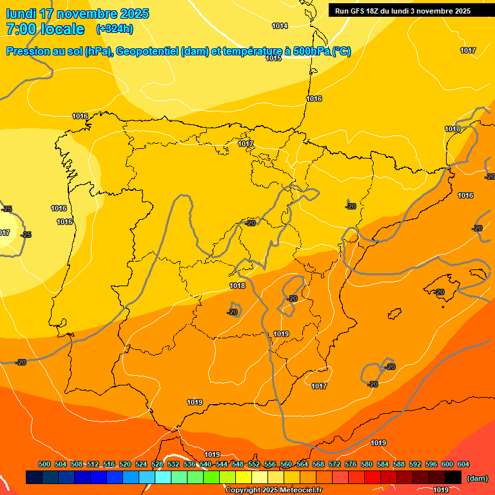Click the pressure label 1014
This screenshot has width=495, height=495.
pos(280,26)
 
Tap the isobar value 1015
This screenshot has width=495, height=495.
pos(273,58)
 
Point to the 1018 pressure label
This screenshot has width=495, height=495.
pos(237,286)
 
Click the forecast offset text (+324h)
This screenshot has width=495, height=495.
pos(115,28)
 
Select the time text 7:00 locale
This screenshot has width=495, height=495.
pos(45,29)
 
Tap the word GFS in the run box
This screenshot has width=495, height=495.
pos(364,11)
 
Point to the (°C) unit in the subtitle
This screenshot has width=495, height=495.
pos(341,52)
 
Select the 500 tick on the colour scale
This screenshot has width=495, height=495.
pos(44,464)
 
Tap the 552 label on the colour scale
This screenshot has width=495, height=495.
pos(254,464)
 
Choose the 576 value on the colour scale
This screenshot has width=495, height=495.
pos(351,464)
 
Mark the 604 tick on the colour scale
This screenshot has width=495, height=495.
pos(463,464)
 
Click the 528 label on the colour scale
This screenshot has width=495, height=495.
pos(157,464)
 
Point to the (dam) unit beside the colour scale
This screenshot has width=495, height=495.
pos(478,478)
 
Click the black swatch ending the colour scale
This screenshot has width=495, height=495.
pos(453,477)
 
